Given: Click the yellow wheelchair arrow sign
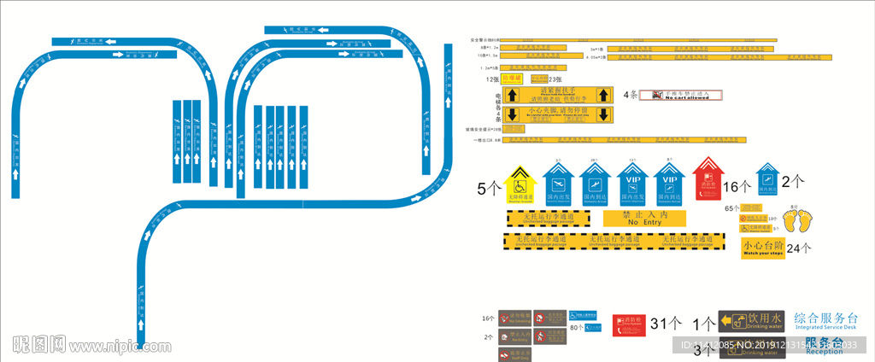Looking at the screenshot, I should tap(520, 183).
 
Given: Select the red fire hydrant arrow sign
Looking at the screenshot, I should tap(706, 180).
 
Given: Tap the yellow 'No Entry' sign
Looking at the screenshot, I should tap(645, 219).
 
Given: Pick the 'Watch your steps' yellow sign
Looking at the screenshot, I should tap(762, 248).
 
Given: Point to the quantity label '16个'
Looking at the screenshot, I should tap(736, 187).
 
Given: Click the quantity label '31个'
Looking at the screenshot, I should tap(666, 324).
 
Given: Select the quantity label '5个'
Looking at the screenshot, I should tap(489, 189).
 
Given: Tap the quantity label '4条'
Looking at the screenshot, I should tap(631, 95).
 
